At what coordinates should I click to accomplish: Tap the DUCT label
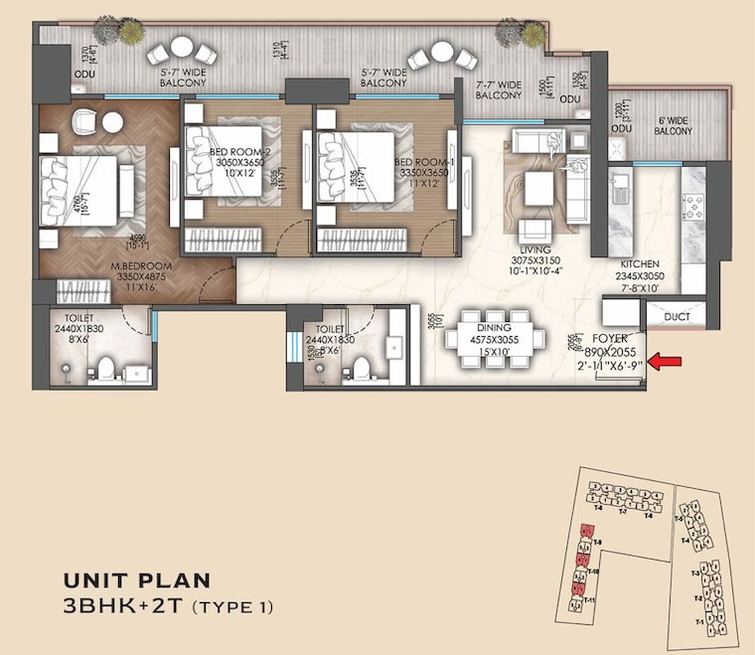pyautogui.click(x=678, y=318)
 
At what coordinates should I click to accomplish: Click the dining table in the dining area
pyautogui.click(x=494, y=341)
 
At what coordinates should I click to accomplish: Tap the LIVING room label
pyautogui.click(x=536, y=251)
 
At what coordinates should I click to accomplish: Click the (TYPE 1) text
pyautogui.click(x=230, y=606)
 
